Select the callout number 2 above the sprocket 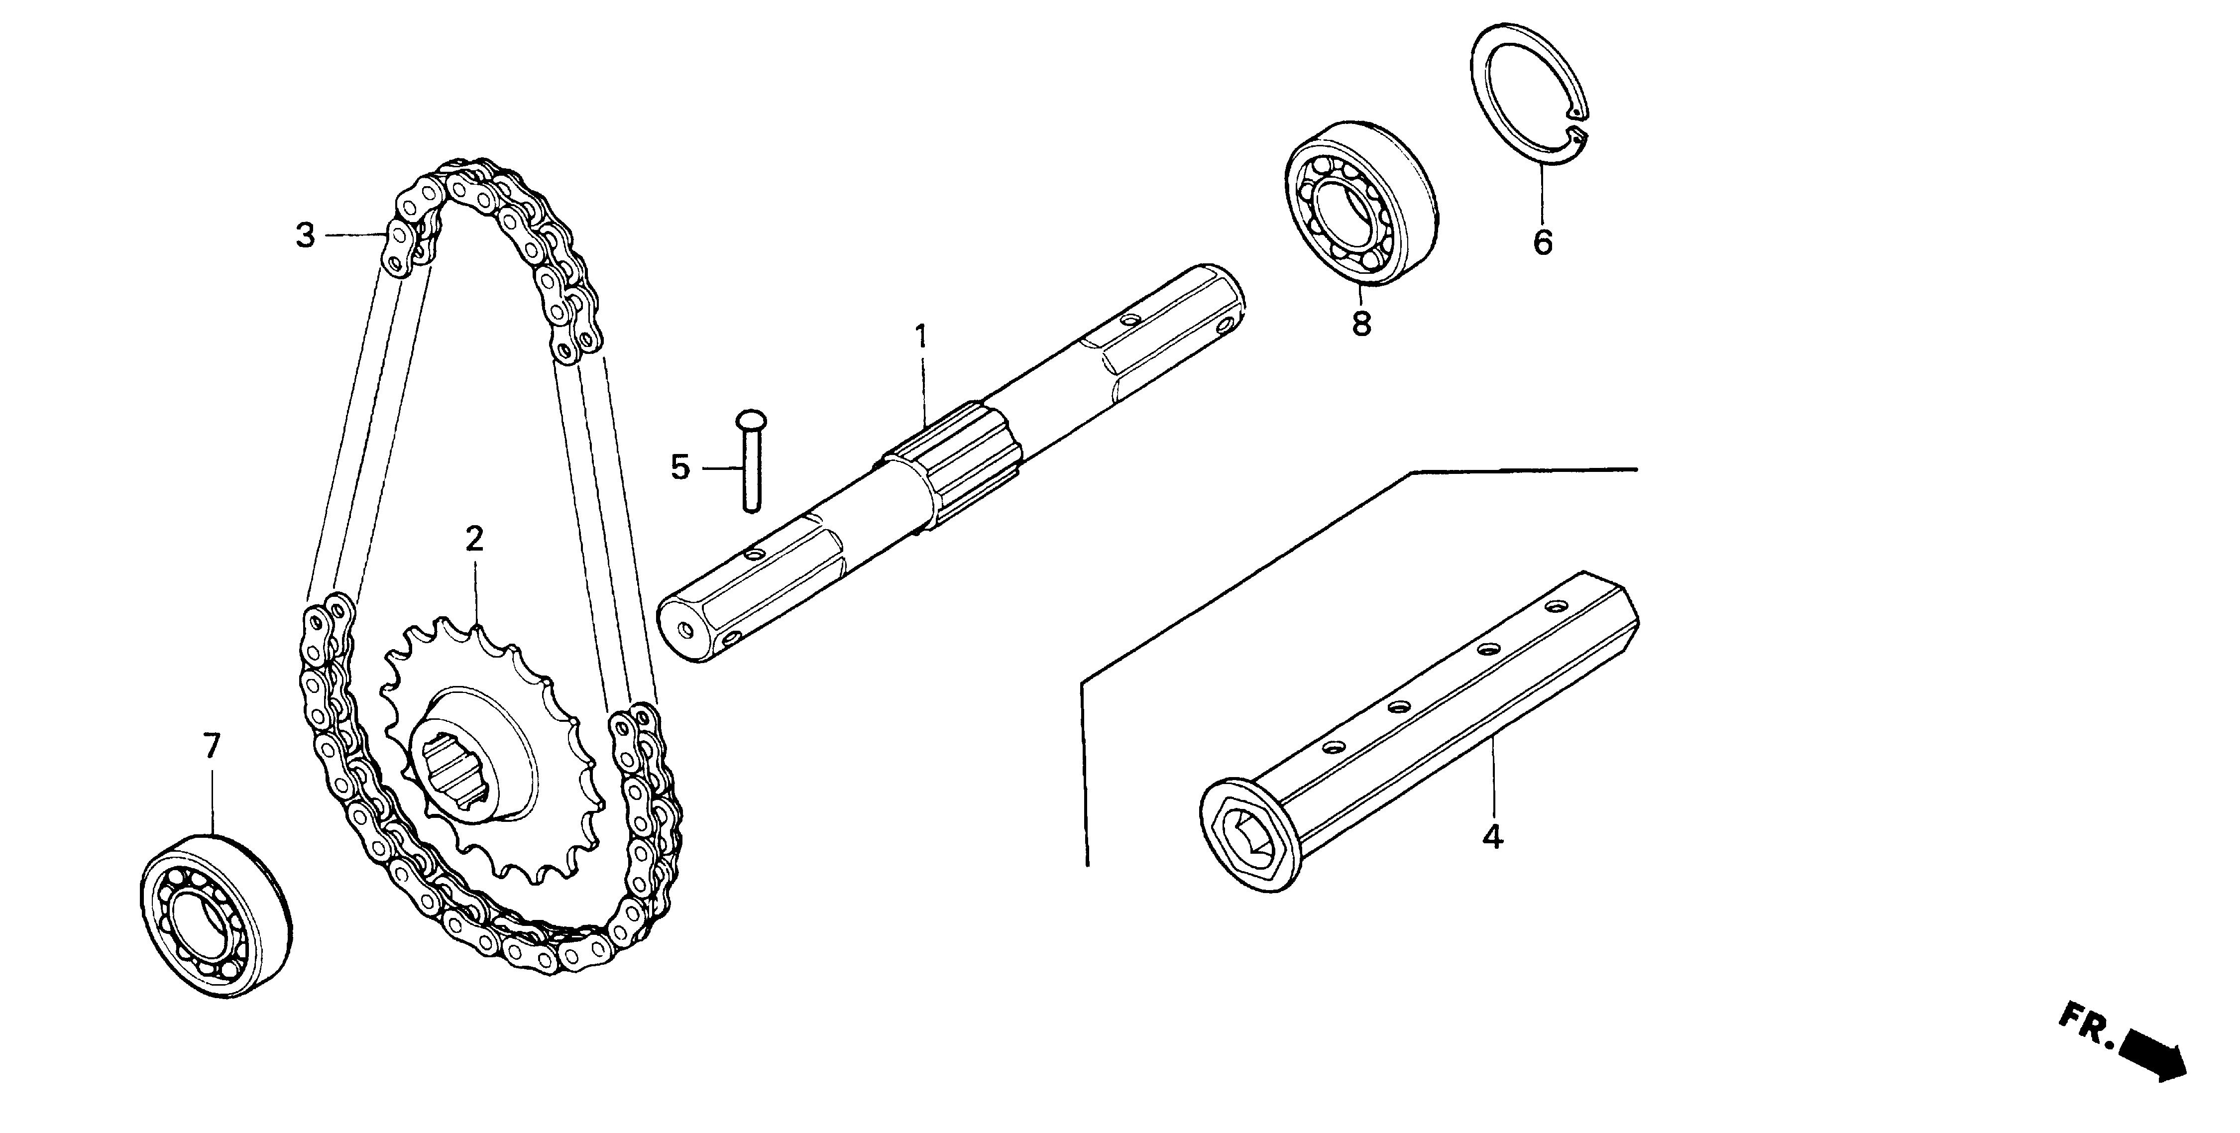(x=474, y=539)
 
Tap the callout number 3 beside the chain (x=304, y=235)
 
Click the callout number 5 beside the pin (x=680, y=468)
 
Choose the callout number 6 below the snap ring (x=1542, y=242)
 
